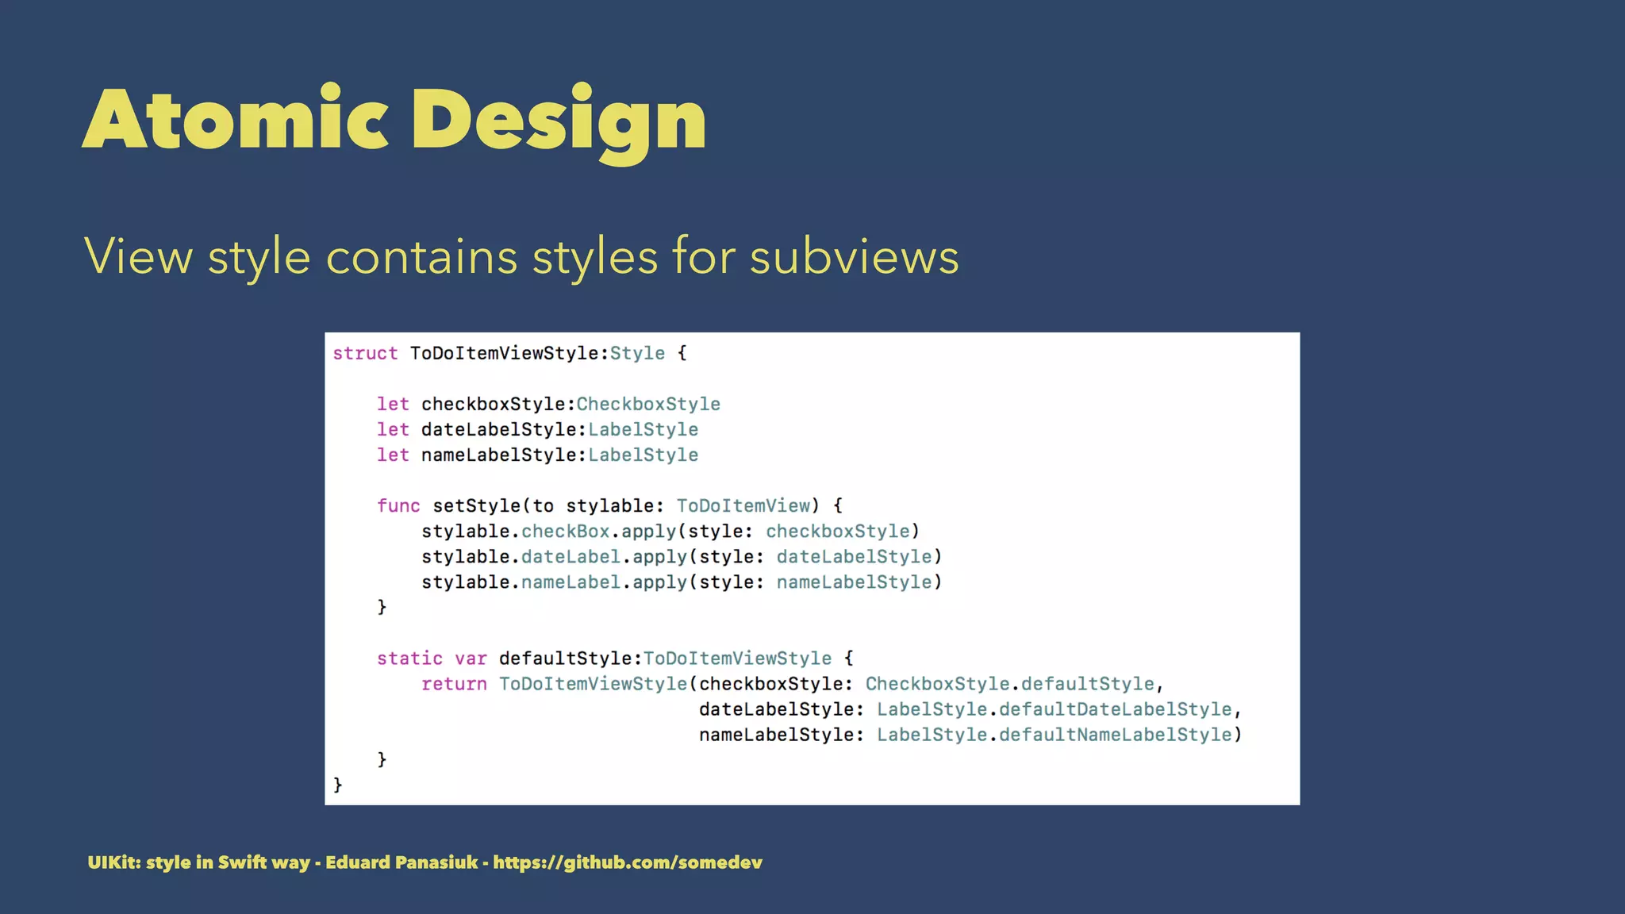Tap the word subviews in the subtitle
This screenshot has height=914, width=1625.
854,257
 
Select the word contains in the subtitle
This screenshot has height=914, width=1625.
421,257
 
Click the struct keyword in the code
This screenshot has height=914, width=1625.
365,353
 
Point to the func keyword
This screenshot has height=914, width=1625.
398,505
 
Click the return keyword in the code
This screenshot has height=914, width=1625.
454,683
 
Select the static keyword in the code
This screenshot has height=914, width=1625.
409,658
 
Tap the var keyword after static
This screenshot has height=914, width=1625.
471,658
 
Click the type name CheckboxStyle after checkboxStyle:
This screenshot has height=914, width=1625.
648,404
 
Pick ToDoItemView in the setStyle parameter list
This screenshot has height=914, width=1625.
743,505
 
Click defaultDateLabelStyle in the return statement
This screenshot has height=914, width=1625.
1115,709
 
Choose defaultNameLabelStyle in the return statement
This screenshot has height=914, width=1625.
1115,734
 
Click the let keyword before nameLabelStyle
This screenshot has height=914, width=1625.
393,455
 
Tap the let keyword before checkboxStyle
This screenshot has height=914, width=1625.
393,404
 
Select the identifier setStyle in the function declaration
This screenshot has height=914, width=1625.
477,505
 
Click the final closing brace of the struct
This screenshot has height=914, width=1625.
338,785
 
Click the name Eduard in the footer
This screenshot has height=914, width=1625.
354,862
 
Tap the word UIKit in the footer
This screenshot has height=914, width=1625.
111,862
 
